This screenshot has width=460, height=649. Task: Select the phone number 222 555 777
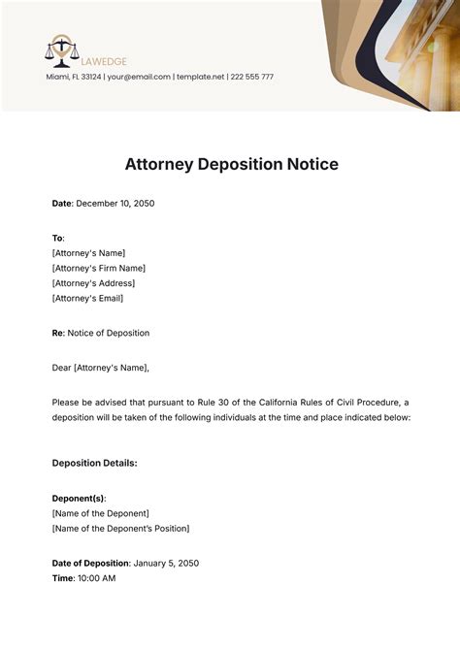250,77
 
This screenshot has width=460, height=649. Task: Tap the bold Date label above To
61,204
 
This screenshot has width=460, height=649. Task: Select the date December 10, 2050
115,204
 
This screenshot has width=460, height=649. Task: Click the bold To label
56,238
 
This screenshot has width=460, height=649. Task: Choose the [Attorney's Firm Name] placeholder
98,268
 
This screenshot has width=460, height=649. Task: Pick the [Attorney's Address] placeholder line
93,283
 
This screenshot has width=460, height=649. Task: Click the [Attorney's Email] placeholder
88,299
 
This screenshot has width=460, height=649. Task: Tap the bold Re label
57,333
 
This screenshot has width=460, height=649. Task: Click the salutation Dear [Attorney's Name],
101,368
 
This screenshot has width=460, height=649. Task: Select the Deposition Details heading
94,463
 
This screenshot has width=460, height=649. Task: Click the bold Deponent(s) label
79,498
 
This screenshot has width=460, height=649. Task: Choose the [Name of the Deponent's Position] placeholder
120,529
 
